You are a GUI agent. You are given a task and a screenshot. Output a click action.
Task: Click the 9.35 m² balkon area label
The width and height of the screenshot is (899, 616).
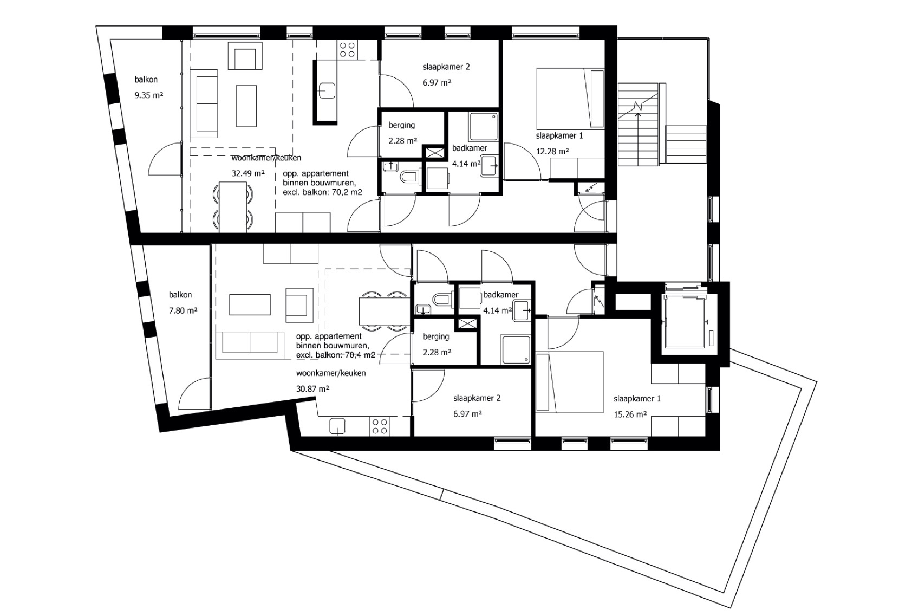[148, 95]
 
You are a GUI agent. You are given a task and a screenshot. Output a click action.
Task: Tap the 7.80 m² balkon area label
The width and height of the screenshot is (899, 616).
[183, 311]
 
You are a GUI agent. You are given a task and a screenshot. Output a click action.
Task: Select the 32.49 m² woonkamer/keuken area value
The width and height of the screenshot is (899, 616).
[248, 173]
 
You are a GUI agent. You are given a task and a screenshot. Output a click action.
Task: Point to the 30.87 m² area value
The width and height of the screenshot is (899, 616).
[312, 388]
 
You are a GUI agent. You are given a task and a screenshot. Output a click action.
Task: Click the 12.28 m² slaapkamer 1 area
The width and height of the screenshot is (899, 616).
[552, 151]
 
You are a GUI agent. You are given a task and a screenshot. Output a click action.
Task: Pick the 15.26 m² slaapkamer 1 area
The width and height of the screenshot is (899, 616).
[630, 414]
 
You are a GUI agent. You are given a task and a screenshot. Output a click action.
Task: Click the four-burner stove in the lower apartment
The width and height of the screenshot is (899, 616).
[380, 426]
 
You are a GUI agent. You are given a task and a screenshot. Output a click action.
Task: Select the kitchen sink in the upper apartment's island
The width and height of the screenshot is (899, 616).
[327, 91]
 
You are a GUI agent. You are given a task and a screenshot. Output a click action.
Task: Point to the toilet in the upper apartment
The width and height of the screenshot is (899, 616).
[410, 176]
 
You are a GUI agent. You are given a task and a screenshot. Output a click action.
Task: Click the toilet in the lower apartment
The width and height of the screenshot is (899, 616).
[442, 299]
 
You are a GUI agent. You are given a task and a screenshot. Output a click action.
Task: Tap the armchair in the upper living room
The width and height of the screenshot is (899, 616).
[245, 56]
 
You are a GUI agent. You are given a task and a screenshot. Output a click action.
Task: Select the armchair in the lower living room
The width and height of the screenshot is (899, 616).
[299, 305]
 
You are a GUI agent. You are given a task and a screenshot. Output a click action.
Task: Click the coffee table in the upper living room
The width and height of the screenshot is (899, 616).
[246, 106]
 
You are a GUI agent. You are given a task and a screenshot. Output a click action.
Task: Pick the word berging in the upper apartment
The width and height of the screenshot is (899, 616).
[402, 125]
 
